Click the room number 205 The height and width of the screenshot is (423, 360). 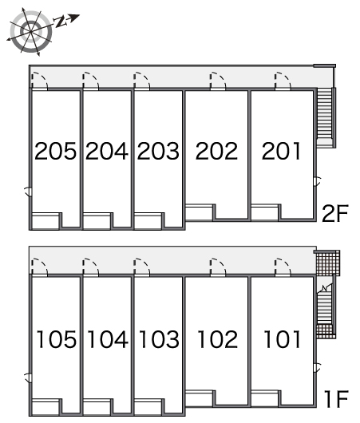[x=56, y=151]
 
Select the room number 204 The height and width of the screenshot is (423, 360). [x=107, y=151]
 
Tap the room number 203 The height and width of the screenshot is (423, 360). [x=158, y=151]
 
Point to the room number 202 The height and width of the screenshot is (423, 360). [x=216, y=151]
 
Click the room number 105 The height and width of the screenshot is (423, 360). [x=56, y=339]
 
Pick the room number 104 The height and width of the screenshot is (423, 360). [x=107, y=339]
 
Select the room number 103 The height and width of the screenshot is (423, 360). [x=158, y=339]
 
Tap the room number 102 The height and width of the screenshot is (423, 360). [x=216, y=339]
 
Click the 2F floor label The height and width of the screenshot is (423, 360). [x=334, y=213]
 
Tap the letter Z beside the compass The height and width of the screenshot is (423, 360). [x=61, y=22]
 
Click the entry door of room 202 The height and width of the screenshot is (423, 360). [x=216, y=81]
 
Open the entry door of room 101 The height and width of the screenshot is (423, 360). [x=281, y=267]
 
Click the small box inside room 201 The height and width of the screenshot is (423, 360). [x=264, y=211]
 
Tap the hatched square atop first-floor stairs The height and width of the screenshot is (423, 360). [x=326, y=263]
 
